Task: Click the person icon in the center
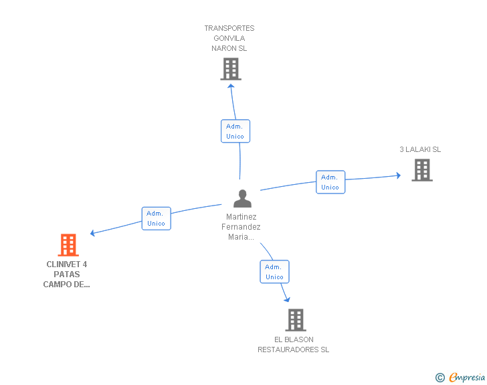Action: pos(242,199)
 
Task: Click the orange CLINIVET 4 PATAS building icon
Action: pos(68,245)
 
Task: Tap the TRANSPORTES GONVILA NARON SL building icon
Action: pos(230,69)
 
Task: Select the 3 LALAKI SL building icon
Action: pos(421,170)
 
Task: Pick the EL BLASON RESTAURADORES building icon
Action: pos(296,320)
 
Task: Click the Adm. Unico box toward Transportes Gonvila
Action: pos(235,131)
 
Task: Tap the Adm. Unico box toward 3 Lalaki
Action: pos(330,182)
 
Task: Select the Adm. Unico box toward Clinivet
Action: pos(156,218)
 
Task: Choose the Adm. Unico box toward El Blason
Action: pos(274,272)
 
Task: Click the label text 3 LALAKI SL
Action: pos(420,149)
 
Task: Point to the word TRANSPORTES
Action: pos(229,28)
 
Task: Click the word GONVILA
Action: pos(229,38)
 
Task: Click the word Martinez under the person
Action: pos(241,217)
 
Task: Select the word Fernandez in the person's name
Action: pos(241,227)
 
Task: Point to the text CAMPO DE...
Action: pos(66,284)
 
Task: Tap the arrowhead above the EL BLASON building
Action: pos(287,299)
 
